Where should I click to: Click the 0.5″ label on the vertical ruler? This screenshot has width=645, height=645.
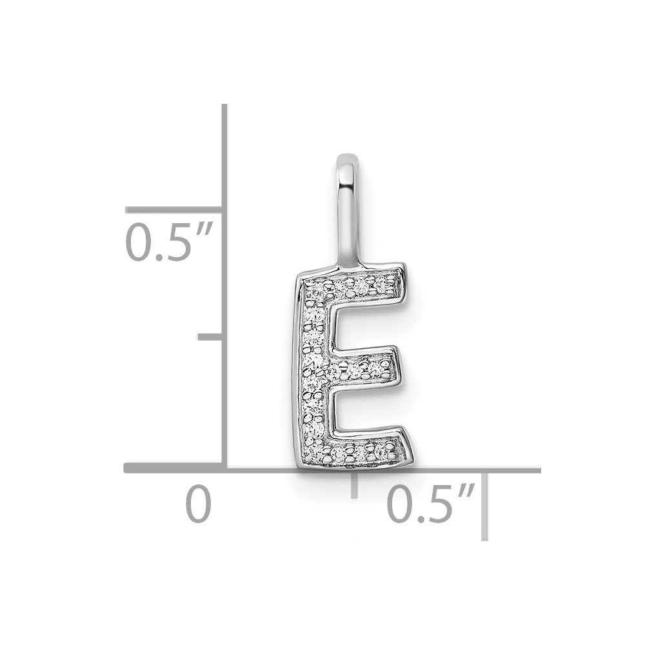pos(168,242)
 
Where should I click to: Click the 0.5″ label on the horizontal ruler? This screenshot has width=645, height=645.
pos(431,504)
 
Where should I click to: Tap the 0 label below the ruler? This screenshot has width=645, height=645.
pos(198,504)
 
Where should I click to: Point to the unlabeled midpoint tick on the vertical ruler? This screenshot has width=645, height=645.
pos(211,337)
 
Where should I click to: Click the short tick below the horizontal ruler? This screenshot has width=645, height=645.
pos(354,486)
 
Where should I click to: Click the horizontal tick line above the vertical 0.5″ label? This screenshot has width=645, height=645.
pos(174,210)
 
